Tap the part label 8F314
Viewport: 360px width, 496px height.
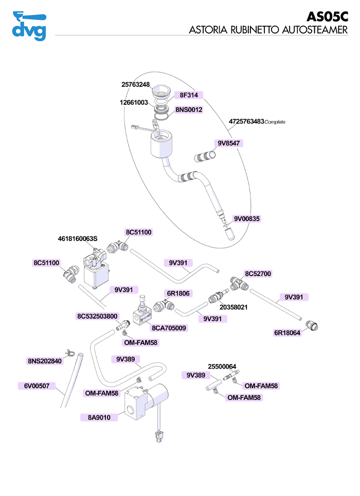click(189, 95)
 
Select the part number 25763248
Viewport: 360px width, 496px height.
click(135, 85)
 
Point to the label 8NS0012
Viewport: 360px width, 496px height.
click(189, 110)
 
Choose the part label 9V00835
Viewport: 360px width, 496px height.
click(247, 218)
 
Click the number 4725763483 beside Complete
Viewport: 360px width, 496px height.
click(246, 122)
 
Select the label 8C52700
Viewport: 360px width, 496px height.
click(258, 274)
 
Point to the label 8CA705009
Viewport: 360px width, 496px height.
click(169, 328)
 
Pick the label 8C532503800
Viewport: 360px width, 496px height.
click(97, 316)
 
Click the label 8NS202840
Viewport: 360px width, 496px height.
click(44, 361)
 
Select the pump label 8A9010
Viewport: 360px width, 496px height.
click(99, 418)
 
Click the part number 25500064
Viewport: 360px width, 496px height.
click(222, 367)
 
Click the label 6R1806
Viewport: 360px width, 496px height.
click(178, 293)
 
